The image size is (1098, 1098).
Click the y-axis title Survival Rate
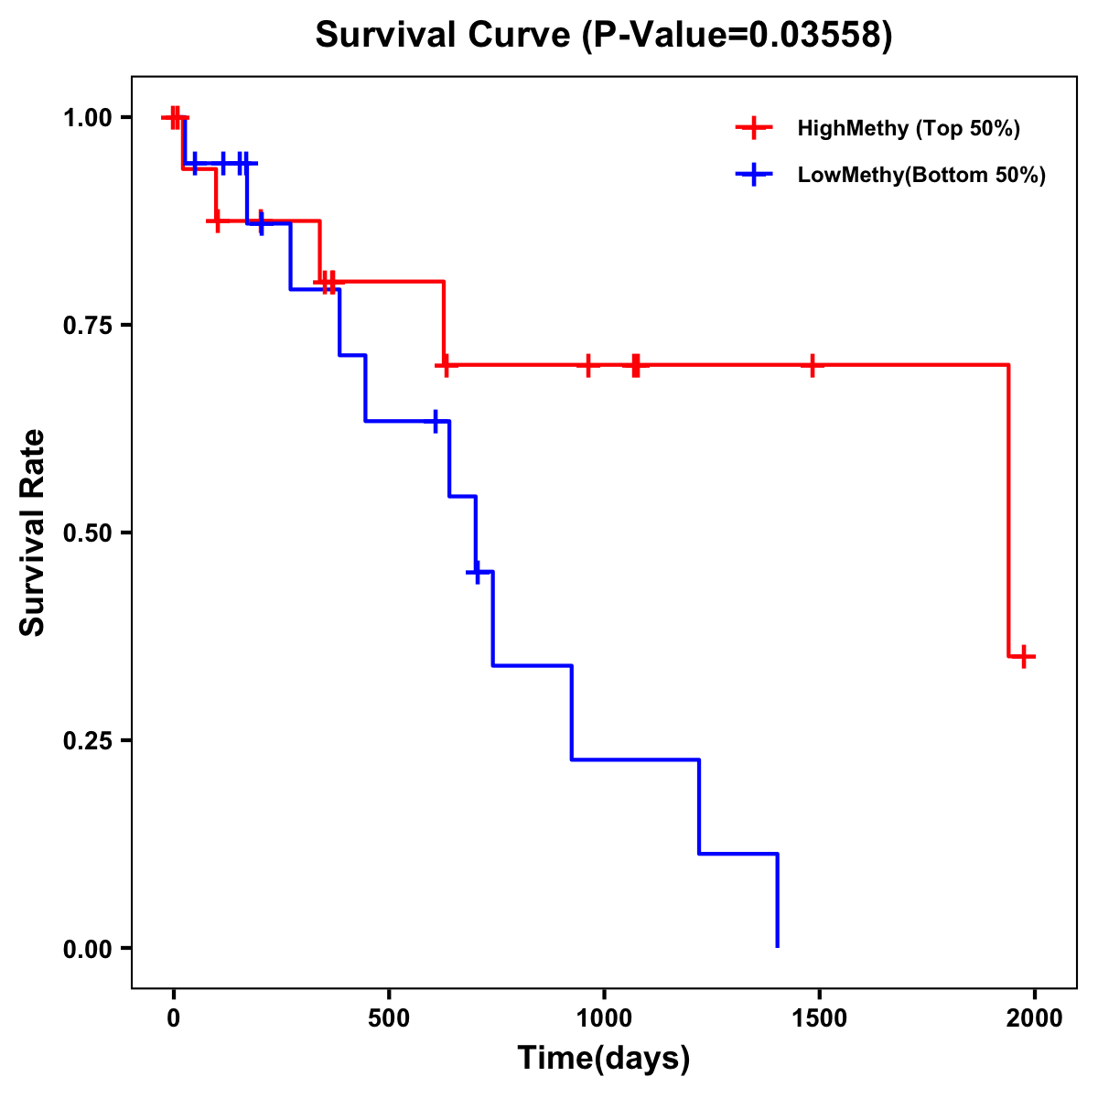click(33, 533)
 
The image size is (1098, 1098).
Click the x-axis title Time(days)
click(604, 1058)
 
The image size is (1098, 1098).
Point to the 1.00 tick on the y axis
click(88, 117)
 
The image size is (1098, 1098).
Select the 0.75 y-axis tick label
click(88, 325)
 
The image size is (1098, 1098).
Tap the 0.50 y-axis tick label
click(88, 533)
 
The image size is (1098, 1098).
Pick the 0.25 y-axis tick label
click(88, 740)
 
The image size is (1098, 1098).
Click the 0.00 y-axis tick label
click(88, 949)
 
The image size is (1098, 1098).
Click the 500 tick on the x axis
click(389, 1017)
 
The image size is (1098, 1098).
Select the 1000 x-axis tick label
click(604, 1017)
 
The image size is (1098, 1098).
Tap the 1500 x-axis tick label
click(819, 1017)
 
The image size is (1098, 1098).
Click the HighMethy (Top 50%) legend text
click(909, 128)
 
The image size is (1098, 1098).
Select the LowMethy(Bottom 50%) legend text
click(921, 175)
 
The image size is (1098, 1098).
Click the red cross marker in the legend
click(754, 128)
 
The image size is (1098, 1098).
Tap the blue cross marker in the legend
click(754, 175)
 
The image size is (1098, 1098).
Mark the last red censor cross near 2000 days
click(1024, 656)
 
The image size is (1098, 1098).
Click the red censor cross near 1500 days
click(812, 365)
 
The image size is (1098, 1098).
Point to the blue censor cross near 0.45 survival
click(476, 572)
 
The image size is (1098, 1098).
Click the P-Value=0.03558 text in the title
click(737, 36)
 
